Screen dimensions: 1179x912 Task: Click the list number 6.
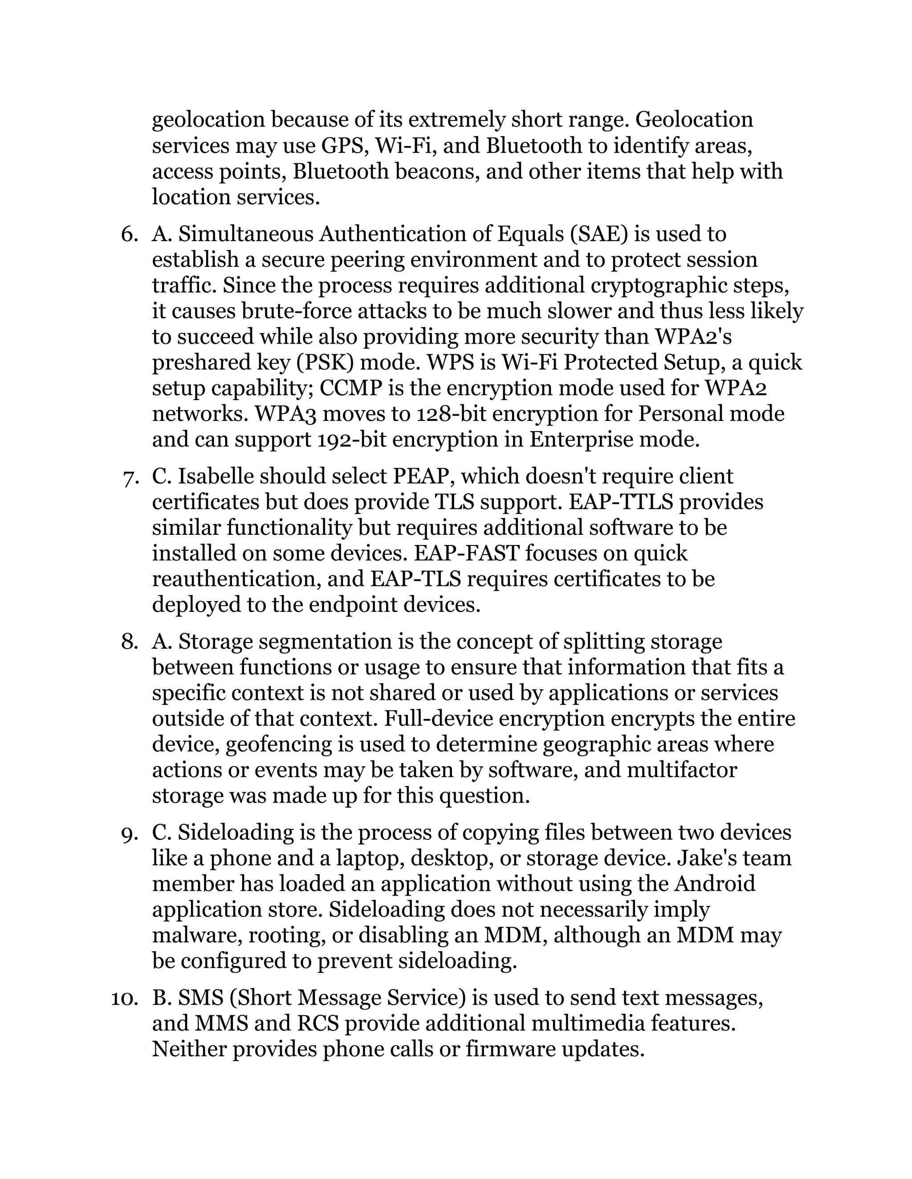pos(129,234)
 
